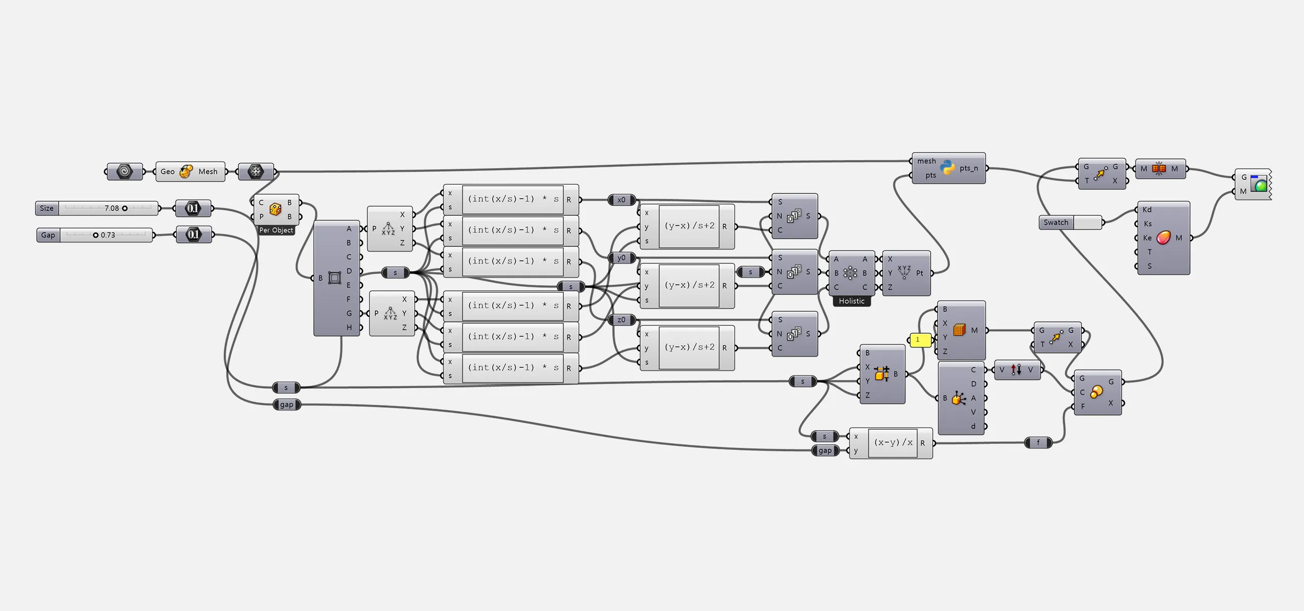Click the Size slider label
[47, 208]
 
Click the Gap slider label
[48, 235]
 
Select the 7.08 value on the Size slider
[111, 208]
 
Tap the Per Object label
[276, 230]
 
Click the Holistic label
[852, 301]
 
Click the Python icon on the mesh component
[947, 168]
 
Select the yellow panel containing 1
[920, 340]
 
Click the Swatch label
[1056, 222]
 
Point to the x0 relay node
[621, 200]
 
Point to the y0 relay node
[621, 258]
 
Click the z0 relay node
[621, 320]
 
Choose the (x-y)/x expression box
[893, 442]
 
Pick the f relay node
[1038, 443]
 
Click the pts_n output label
[968, 168]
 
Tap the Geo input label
[168, 172]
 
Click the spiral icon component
[124, 172]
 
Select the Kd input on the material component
[1147, 210]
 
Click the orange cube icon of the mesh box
[959, 330]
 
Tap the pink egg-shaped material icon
[1163, 237]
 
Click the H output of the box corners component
[349, 327]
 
